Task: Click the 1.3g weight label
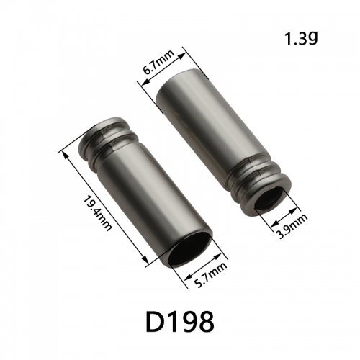[301, 39]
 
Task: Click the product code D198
[180, 322]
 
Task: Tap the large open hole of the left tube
[190, 250]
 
